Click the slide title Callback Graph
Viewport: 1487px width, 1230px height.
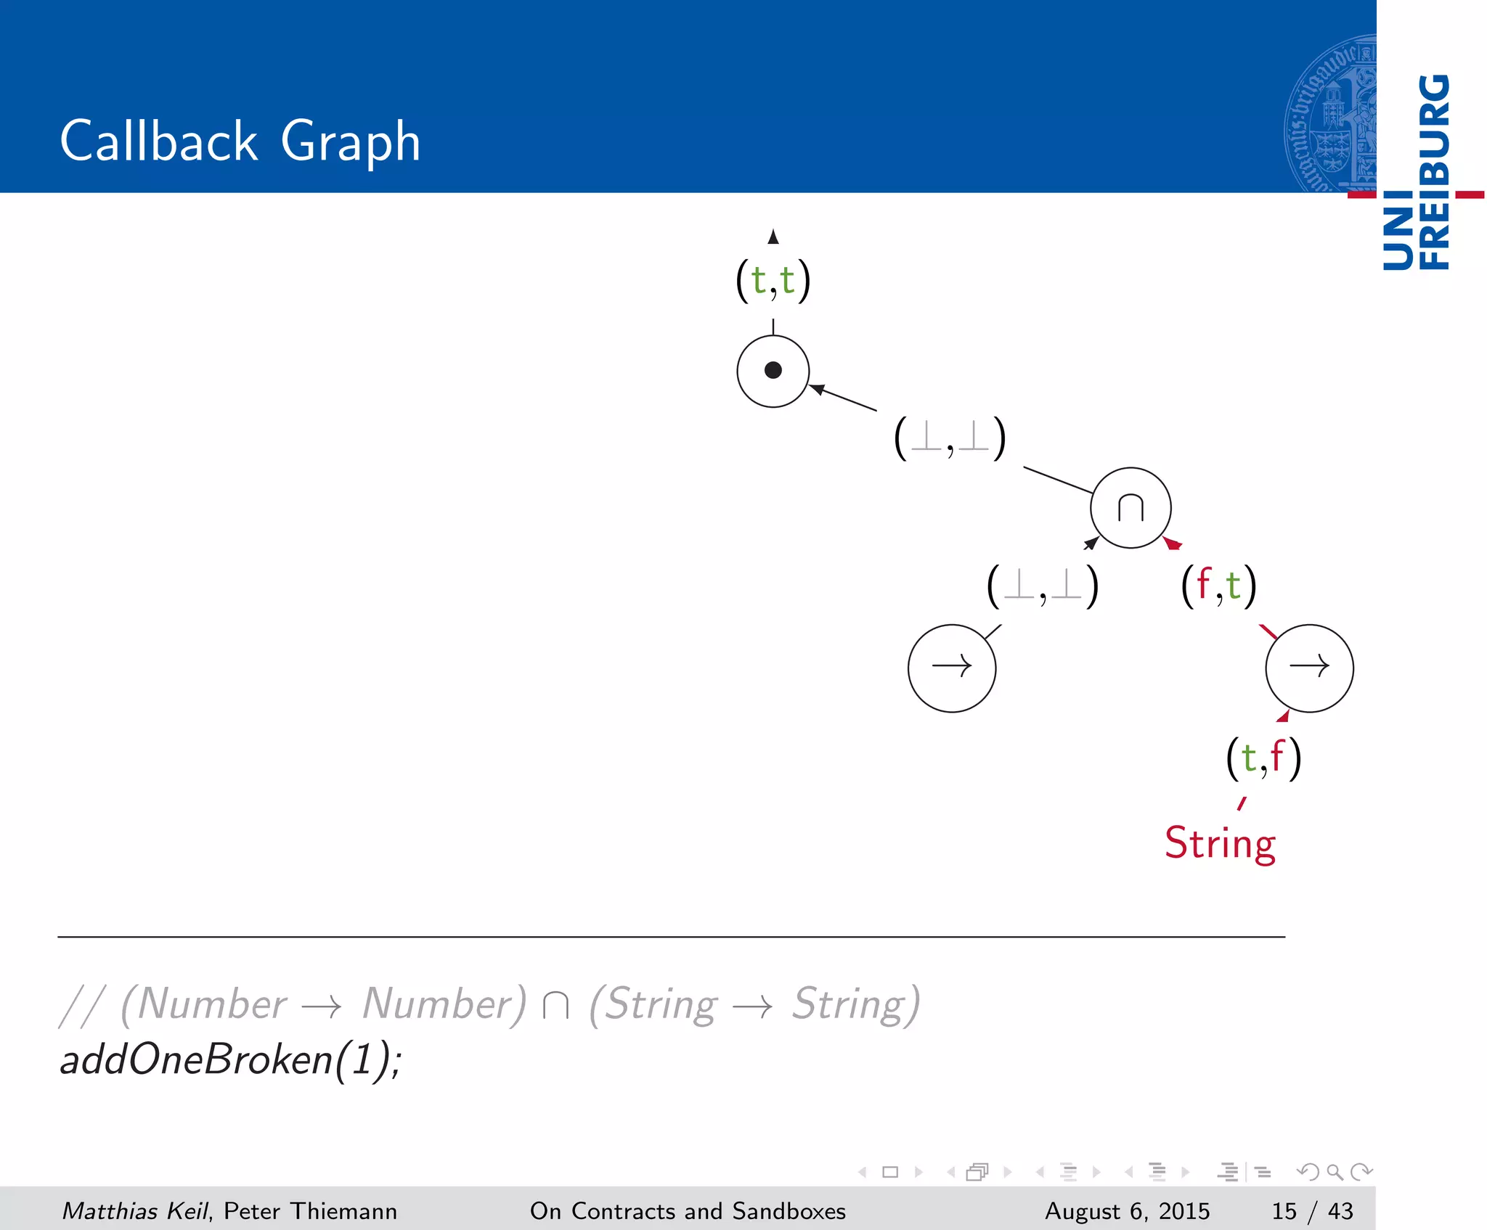240,141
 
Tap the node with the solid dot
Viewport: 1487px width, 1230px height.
773,371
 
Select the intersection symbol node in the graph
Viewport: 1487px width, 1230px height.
1130,508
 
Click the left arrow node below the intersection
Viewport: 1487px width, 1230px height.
951,668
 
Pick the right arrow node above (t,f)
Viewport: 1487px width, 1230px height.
1309,668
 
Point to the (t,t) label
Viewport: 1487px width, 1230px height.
773,281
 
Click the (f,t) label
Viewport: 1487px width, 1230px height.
1218,586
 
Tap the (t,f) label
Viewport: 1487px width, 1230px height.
1263,758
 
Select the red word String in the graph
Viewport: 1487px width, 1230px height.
1220,844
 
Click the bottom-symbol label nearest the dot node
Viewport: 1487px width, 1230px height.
950,438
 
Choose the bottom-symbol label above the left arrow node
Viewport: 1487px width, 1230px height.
1043,586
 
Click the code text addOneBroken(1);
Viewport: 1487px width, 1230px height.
230,1060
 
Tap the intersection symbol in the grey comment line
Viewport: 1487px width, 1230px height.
555,1006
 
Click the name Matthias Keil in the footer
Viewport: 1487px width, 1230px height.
135,1211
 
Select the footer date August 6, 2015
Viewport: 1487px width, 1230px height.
1127,1211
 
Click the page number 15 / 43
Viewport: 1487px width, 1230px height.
1312,1211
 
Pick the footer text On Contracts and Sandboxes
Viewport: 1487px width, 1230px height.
688,1211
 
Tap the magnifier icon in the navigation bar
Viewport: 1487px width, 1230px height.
1335,1172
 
